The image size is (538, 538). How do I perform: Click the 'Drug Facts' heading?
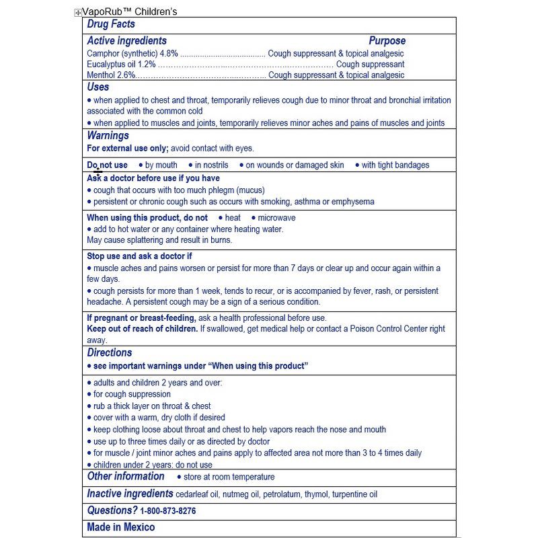pyautogui.click(x=111, y=24)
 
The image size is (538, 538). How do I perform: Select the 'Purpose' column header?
pyautogui.click(x=387, y=41)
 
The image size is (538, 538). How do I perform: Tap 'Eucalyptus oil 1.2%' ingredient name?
pyautogui.click(x=121, y=65)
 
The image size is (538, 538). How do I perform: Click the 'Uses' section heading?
pyautogui.click(x=98, y=87)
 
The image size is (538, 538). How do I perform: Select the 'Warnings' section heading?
pyautogui.click(x=108, y=136)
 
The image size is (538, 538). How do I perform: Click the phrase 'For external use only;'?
pyautogui.click(x=127, y=148)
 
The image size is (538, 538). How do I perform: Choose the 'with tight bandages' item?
pyautogui.click(x=395, y=165)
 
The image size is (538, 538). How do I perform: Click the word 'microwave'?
pyautogui.click(x=276, y=218)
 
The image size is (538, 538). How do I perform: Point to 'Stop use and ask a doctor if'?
pyautogui.click(x=139, y=256)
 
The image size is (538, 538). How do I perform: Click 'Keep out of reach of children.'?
pyautogui.click(x=142, y=329)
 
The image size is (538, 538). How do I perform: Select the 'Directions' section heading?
pyautogui.click(x=110, y=352)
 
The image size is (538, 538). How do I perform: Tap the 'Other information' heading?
pyautogui.click(x=126, y=476)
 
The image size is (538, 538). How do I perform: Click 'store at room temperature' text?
pyautogui.click(x=229, y=477)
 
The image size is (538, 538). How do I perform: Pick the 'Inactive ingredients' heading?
pyautogui.click(x=130, y=494)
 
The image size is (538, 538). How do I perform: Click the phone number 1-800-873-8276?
pyautogui.click(x=168, y=511)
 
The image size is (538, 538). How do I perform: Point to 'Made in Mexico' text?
pyautogui.click(x=121, y=527)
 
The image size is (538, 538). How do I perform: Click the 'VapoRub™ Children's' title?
pyautogui.click(x=130, y=11)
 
